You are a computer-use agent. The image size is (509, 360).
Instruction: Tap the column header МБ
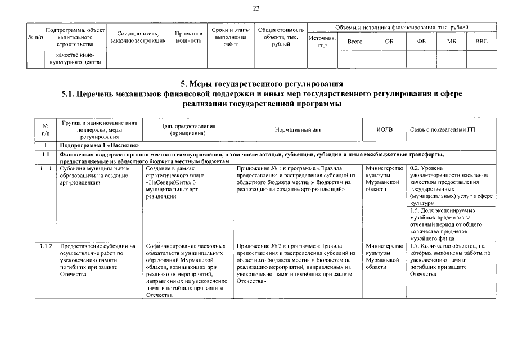pos(452,42)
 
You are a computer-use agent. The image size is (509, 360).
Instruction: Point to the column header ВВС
pos(481,42)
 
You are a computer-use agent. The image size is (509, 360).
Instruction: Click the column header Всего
pos(355,42)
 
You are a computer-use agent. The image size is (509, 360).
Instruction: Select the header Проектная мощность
pos(188,37)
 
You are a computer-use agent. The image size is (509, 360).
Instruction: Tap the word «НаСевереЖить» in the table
pos(167,182)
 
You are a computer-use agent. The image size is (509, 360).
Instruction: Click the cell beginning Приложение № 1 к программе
pos(298,179)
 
